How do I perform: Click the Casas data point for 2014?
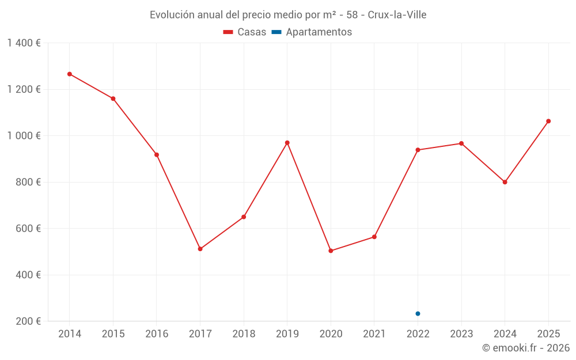(x=70, y=74)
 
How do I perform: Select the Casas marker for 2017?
(x=200, y=249)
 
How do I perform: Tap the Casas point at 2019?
(x=287, y=143)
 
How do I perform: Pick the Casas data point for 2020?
(x=331, y=251)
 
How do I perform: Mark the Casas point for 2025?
(x=548, y=121)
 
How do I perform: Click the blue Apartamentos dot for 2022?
(x=418, y=314)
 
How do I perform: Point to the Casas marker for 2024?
(x=505, y=182)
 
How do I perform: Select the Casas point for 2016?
(x=157, y=155)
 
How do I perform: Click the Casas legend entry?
(x=245, y=32)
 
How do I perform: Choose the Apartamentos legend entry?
(x=312, y=32)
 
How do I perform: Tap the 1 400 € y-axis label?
(x=24, y=43)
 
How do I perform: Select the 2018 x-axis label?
(x=244, y=334)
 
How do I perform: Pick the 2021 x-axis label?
(x=374, y=334)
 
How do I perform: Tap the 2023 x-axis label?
(x=461, y=334)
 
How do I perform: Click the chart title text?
(x=288, y=15)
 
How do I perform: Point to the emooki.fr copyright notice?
(x=526, y=348)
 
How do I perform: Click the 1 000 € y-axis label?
(x=24, y=136)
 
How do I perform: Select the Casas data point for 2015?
(x=113, y=98)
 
